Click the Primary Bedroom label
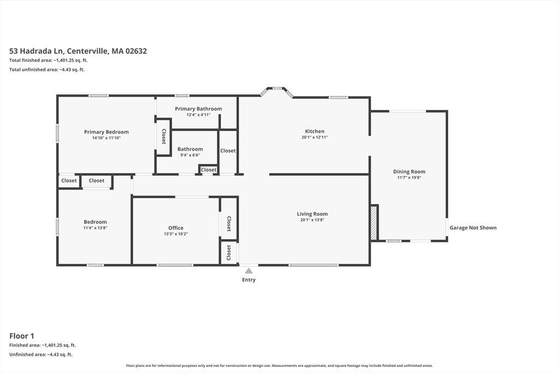106,132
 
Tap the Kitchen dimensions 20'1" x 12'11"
314,137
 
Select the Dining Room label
409,171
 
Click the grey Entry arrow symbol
249,271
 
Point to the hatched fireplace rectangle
373,222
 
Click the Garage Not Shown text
473,228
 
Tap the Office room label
176,228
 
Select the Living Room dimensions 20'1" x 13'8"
312,220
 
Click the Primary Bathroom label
198,109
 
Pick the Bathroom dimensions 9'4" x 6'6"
190,155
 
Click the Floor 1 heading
22,336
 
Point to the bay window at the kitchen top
277,91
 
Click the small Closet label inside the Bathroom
209,170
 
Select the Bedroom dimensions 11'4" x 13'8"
95,228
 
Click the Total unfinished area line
47,69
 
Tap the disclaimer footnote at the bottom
279,365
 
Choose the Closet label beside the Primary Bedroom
164,136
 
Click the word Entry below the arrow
249,280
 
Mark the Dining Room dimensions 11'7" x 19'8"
409,177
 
